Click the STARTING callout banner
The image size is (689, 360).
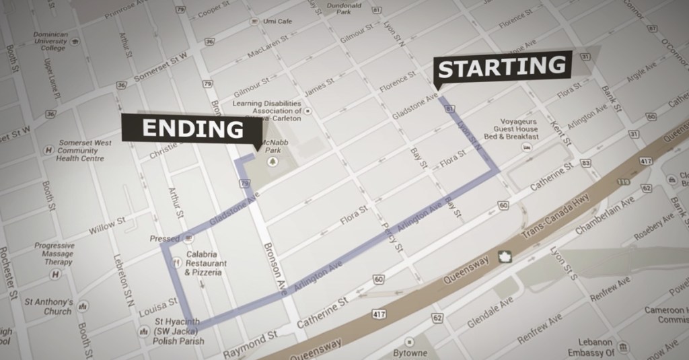coord(503,67)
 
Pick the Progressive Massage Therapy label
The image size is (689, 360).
coord(55,254)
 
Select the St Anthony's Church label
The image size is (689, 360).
coord(48,306)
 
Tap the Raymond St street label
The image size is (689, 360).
coord(250,343)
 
